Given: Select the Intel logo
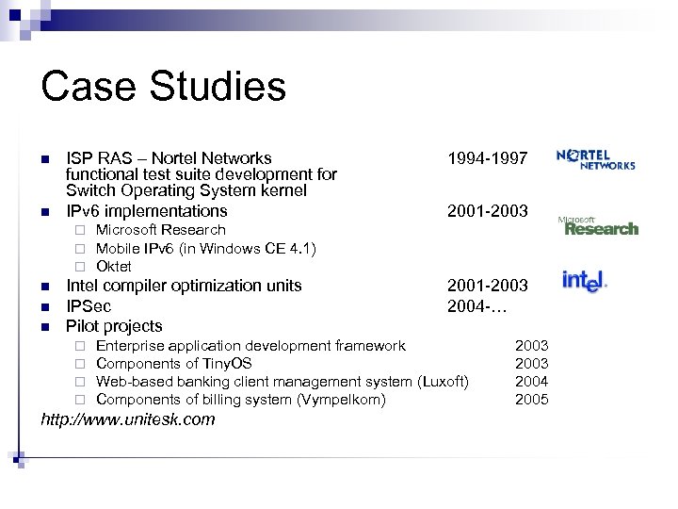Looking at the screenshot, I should (584, 281).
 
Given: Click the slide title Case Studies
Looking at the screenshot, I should (163, 86).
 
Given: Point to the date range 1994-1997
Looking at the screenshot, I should (488, 158).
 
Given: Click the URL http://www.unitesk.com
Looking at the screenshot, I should (128, 419).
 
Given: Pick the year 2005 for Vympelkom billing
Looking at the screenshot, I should (531, 400).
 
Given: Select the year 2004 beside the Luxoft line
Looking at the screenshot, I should (531, 382).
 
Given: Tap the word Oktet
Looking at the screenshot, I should (114, 266).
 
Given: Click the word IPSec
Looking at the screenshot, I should (89, 305).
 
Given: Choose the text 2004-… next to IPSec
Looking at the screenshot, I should (480, 305).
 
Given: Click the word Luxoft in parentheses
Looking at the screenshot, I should (442, 382).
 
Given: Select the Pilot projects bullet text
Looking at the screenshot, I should (114, 326).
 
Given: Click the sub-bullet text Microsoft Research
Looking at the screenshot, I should (161, 230).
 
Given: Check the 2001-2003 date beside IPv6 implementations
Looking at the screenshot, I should (488, 211).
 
